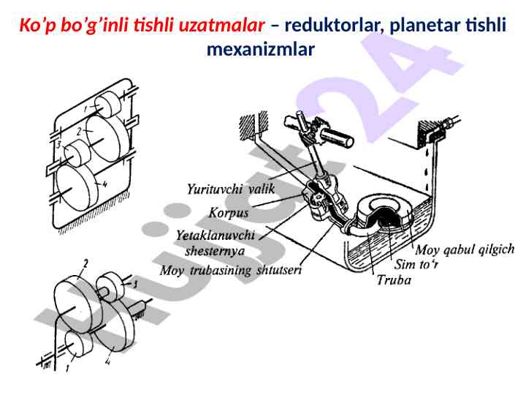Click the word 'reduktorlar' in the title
coord(334,26)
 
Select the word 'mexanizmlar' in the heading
coord(261,50)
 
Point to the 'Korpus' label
coord(229,214)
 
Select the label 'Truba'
coord(393,280)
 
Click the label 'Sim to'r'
coord(416,265)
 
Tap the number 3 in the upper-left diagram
coord(58,145)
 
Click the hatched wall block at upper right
coord(427,132)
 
